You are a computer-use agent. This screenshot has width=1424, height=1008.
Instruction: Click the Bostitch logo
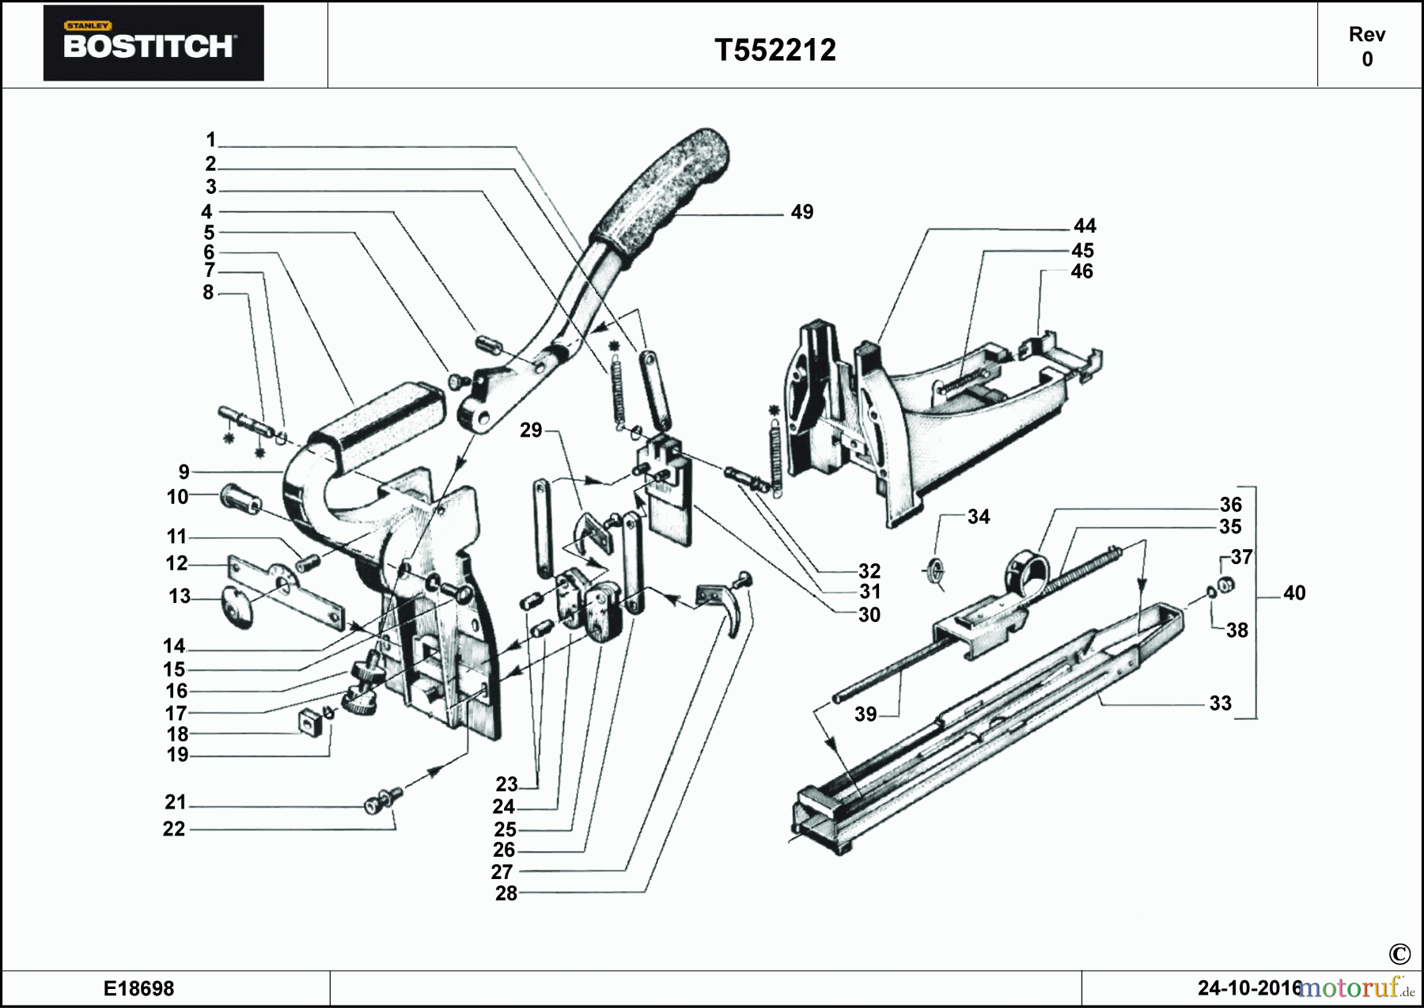pos(153,44)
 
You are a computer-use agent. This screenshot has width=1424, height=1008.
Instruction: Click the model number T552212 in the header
pos(774,51)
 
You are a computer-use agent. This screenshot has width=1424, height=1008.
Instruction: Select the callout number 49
pos(801,212)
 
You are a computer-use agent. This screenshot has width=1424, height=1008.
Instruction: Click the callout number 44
pos(1084,226)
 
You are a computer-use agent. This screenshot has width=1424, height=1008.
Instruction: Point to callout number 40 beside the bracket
pos(1293,593)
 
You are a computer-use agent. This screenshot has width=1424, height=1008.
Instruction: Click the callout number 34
pos(978,517)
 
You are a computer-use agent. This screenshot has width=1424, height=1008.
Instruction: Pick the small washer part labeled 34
pos(935,570)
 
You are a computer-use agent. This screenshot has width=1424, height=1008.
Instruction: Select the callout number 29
pos(530,430)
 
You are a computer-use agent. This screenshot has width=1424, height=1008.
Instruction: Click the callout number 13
pos(179,597)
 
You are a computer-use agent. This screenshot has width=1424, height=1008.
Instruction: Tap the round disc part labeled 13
pos(236,608)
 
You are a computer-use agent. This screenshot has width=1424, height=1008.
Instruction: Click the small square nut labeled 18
pos(309,722)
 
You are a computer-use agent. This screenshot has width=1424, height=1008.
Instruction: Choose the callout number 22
pos(173,829)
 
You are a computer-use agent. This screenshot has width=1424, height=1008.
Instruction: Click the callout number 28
pos(506,893)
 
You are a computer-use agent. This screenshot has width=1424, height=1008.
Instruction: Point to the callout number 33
pos(1219,703)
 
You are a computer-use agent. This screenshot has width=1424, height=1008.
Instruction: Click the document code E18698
pos(138,988)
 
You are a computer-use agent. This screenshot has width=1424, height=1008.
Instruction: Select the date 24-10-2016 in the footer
pos(1248,988)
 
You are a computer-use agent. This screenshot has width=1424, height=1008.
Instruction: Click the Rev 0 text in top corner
pos(1366,47)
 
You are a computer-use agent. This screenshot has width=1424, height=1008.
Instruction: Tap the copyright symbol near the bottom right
pos(1399,954)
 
